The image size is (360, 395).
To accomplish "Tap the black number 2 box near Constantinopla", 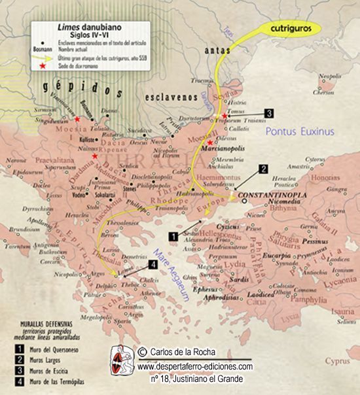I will point(263,169).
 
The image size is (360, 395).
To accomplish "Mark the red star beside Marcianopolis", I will point(210,143).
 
